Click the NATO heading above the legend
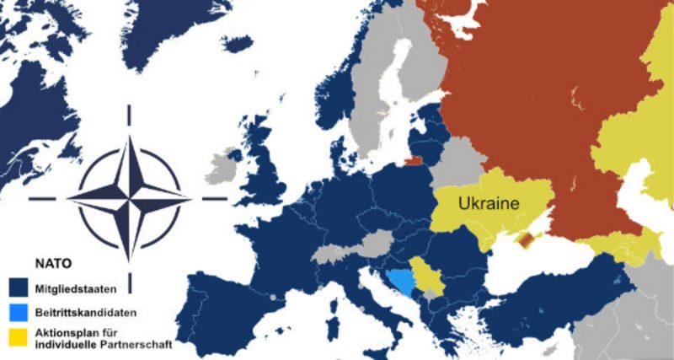click(51, 263)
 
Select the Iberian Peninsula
click(227, 295)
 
